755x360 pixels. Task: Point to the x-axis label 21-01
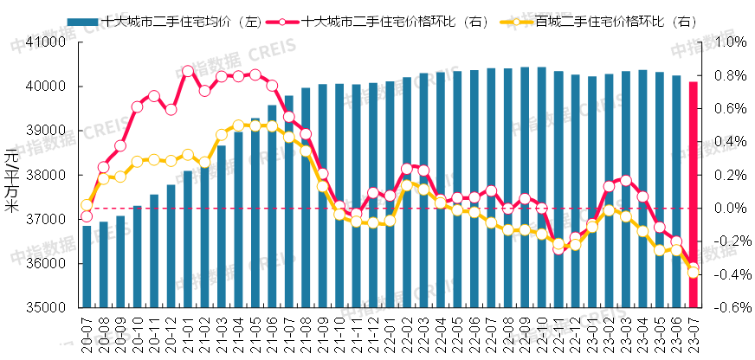188,332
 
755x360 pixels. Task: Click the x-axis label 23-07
693,332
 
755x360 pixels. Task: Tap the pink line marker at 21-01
188,71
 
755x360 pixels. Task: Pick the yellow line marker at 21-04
238,126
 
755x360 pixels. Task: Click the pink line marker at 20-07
87,216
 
